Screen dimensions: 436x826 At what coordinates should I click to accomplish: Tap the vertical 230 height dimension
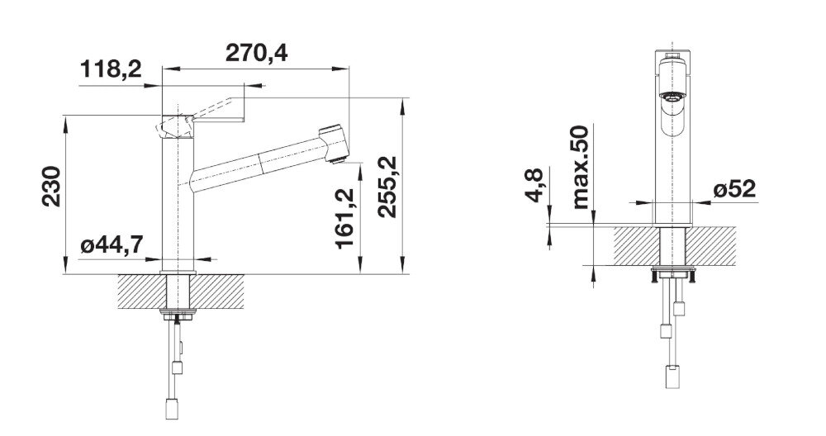point(51,187)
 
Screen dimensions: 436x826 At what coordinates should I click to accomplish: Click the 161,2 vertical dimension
point(346,216)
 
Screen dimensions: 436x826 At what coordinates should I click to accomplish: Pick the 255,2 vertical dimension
point(387,187)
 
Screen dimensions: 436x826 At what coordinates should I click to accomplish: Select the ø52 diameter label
point(734,189)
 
